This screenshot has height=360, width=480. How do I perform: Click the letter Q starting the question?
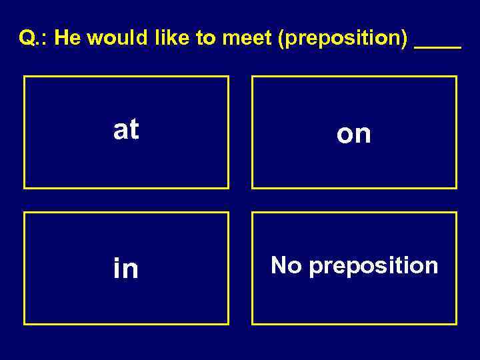[x=27, y=38]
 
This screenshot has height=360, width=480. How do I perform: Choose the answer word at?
[x=126, y=130]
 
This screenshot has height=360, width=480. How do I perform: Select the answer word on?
[x=354, y=134]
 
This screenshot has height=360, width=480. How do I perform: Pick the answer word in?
[x=126, y=269]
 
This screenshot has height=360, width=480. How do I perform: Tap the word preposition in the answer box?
[x=374, y=267]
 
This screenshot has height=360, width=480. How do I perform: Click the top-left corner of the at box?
[x=24, y=76]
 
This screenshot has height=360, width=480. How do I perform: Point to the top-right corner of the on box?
[x=457, y=76]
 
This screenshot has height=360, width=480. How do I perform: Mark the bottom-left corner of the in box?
[x=24, y=325]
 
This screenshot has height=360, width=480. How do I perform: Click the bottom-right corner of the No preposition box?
[x=457, y=325]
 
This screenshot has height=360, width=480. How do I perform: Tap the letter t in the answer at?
[x=134, y=130]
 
